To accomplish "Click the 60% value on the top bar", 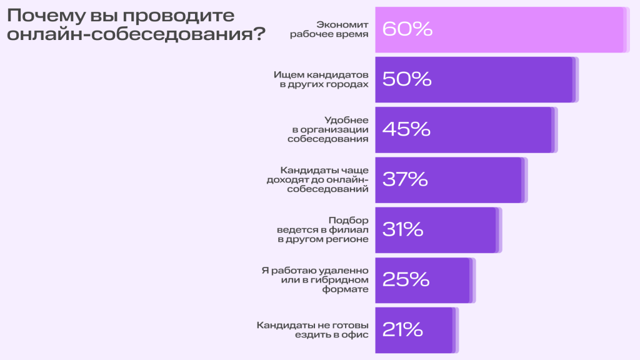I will [x=407, y=29].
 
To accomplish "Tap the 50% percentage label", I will [x=407, y=79].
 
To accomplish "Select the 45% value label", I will [x=406, y=129].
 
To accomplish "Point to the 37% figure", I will [x=405, y=179].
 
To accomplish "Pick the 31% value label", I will [x=402, y=229].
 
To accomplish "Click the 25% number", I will [x=406, y=279].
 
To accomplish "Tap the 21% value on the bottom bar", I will [x=403, y=329].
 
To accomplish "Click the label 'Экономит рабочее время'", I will [x=329, y=29].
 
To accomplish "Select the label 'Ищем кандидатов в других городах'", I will [x=321, y=79].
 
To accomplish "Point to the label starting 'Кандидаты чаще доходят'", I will [x=317, y=179].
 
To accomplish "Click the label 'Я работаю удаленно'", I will [x=314, y=279].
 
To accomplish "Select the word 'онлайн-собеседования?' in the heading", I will [x=135, y=34].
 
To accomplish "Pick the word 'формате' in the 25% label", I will [x=346, y=289].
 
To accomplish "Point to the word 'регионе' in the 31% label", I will [x=349, y=239].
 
